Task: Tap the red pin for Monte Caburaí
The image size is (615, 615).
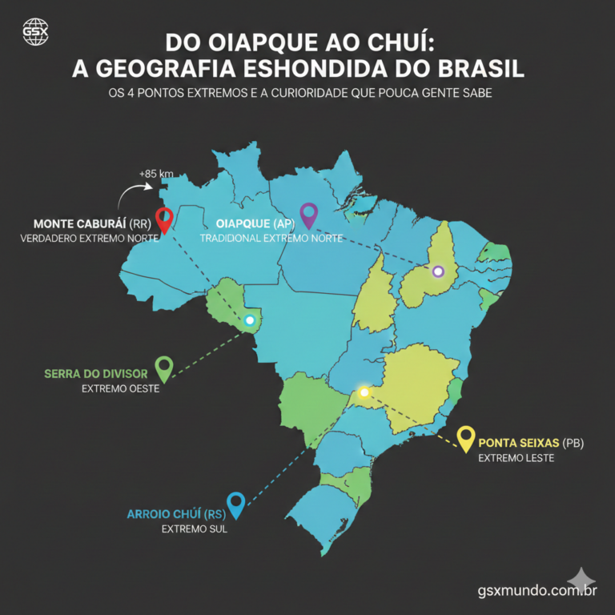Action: (x=164, y=219)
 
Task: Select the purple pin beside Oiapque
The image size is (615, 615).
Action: (x=307, y=214)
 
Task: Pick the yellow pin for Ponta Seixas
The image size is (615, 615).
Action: (x=465, y=438)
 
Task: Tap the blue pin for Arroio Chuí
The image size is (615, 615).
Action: (x=235, y=504)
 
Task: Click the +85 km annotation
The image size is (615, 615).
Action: (x=155, y=174)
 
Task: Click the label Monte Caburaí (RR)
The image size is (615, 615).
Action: (x=91, y=223)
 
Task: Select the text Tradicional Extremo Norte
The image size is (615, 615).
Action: (x=271, y=239)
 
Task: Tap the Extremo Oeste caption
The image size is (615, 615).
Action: (x=120, y=389)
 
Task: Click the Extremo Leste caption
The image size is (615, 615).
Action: (x=511, y=458)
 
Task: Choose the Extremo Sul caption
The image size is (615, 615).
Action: (x=195, y=529)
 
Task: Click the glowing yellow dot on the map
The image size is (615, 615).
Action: (x=364, y=392)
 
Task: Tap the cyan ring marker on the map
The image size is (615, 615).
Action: (x=250, y=320)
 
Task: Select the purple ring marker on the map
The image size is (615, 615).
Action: (x=437, y=271)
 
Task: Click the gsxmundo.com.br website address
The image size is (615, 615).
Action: (x=537, y=591)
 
